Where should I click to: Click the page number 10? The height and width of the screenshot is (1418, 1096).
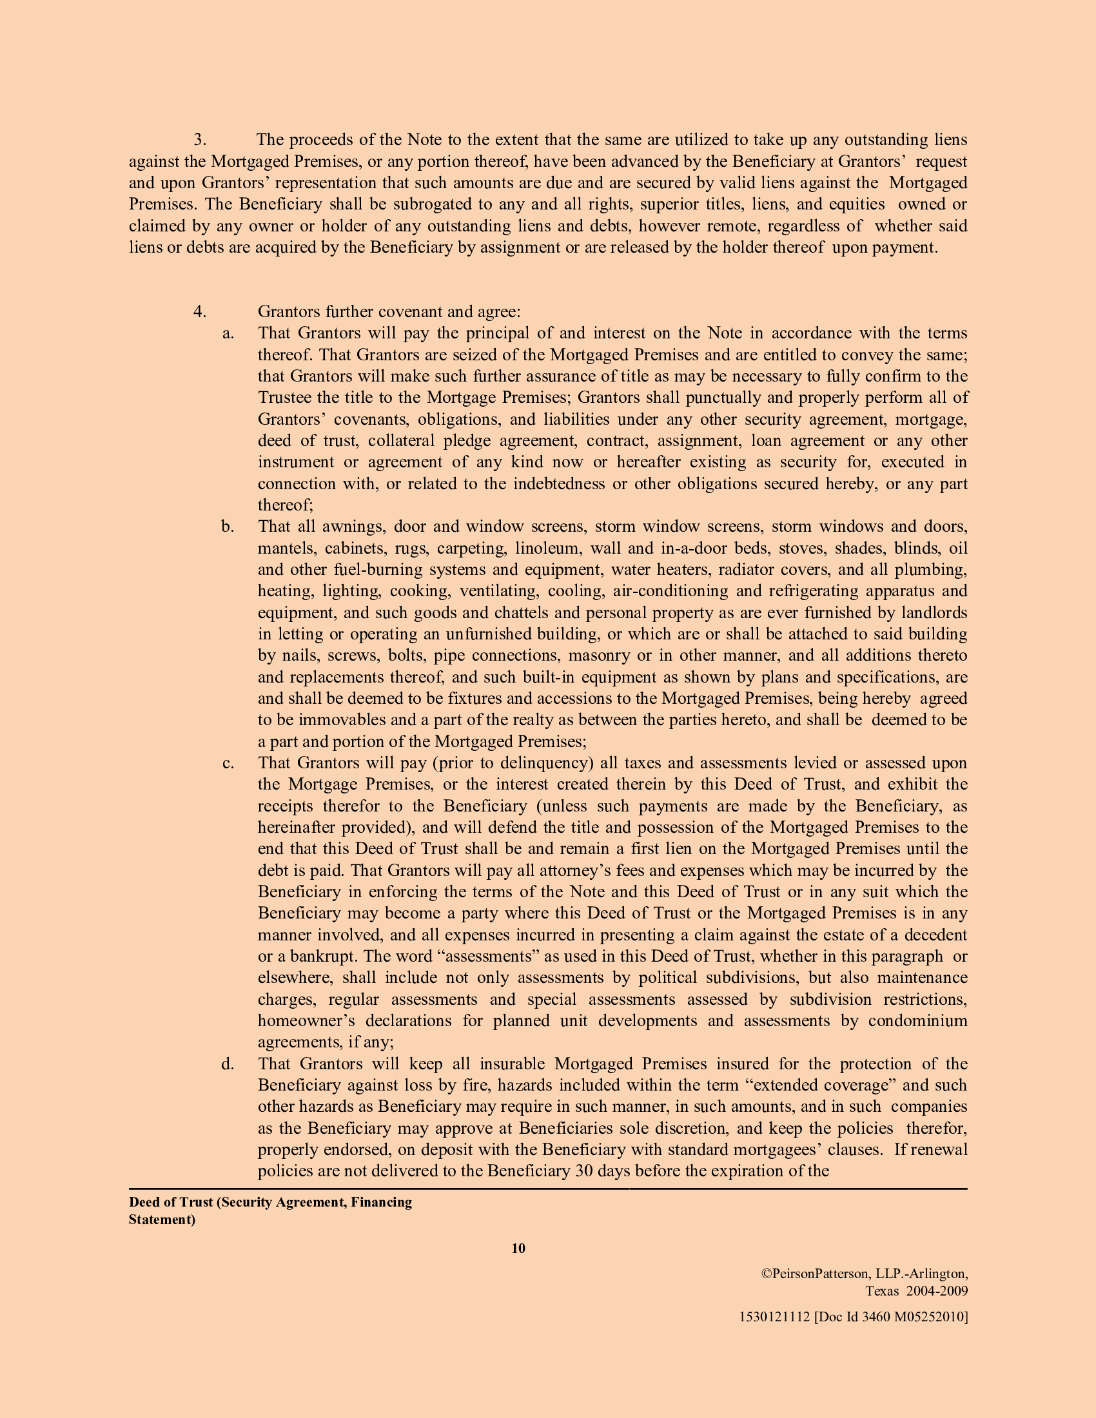[518, 1248]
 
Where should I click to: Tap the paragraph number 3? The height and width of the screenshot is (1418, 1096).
[199, 140]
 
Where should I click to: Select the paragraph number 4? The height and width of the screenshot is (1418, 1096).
[199, 312]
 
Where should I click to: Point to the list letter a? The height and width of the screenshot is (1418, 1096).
[227, 333]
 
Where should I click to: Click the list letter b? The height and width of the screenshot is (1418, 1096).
[227, 527]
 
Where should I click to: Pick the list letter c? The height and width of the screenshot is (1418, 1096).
[227, 763]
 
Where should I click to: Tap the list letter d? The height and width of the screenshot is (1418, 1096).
[227, 1064]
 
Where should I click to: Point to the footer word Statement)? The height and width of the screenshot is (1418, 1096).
[162, 1220]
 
